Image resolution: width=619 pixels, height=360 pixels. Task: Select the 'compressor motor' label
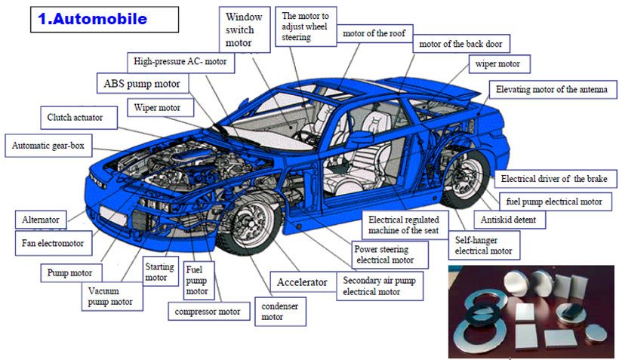click(208, 311)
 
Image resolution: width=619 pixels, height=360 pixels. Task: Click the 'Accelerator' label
click(301, 282)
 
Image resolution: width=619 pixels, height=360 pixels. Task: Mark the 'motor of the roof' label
click(373, 34)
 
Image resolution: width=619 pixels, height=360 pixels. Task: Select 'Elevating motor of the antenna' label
click(551, 90)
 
